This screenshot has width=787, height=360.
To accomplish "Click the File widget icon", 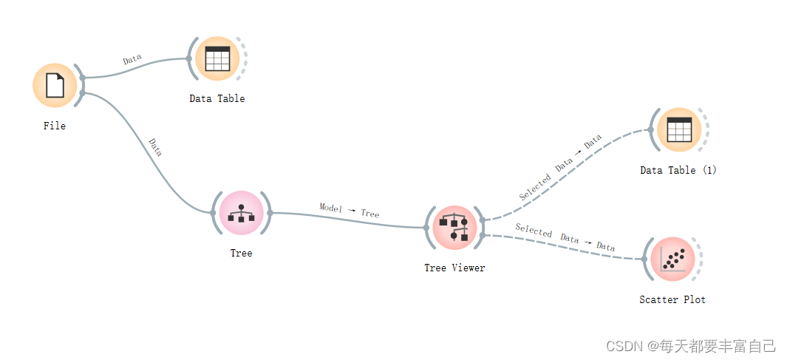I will [x=55, y=85].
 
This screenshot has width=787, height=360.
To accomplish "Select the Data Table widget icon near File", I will [x=217, y=58].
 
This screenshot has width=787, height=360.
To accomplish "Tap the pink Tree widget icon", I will [x=242, y=213].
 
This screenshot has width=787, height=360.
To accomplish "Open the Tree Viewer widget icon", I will [x=454, y=227].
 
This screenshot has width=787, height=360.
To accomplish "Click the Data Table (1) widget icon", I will [x=678, y=130].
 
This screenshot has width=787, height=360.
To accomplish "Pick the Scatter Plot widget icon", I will [x=672, y=259].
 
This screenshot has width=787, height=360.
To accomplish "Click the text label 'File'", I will [x=55, y=126].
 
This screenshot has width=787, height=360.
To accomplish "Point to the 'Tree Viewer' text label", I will [x=454, y=268].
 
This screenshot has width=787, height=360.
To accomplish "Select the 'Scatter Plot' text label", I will [x=672, y=299].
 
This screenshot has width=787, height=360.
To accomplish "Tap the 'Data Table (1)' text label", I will [x=678, y=170].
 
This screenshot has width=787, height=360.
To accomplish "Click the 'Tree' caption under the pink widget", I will [x=241, y=253].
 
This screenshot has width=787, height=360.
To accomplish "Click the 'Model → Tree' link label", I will [x=349, y=211].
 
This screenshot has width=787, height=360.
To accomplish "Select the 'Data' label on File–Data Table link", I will [x=132, y=60].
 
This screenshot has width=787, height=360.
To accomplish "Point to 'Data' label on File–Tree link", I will [x=155, y=146].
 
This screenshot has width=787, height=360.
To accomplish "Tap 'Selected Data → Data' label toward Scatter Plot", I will [x=565, y=238].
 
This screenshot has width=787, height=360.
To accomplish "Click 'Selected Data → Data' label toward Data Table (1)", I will [x=560, y=167].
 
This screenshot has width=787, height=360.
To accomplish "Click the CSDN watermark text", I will [x=690, y=345].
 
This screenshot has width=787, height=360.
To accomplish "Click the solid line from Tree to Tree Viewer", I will [x=347, y=220].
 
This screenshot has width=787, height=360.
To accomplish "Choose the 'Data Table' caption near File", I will [x=217, y=98].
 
